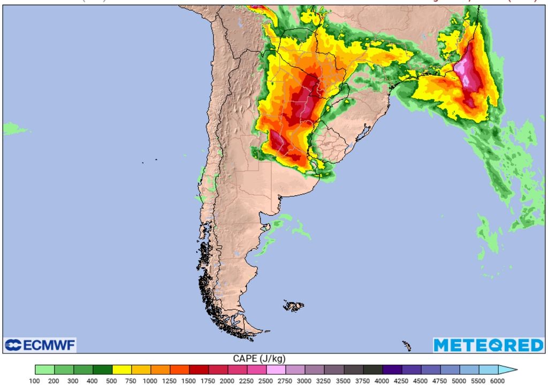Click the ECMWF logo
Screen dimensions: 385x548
[40, 345]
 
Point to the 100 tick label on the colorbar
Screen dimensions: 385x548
[35, 380]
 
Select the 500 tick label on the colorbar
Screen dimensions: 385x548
[112, 380]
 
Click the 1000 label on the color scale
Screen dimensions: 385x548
[150, 380]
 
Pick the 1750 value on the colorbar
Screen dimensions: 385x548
[208, 380]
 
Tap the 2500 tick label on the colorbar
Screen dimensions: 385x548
[266, 380]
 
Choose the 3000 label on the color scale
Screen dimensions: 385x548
[305, 380]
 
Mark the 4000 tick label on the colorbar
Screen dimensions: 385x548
[382, 380]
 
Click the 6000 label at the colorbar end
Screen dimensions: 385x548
[497, 380]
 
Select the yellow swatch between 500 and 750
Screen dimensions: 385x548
[121, 369]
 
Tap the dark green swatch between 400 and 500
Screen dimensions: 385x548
[102, 369]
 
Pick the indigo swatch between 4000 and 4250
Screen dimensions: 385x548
[391, 369]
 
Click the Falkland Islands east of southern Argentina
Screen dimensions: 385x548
[293, 306]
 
